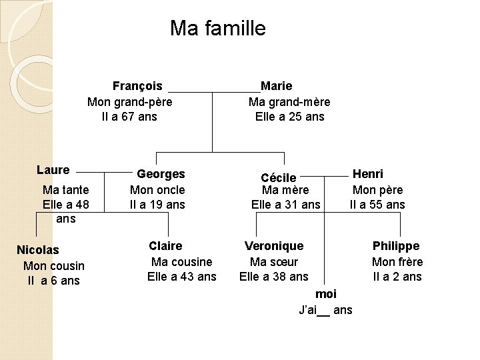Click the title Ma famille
click(217, 29)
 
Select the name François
click(137, 86)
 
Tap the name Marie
click(276, 86)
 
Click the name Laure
click(53, 170)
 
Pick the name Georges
click(161, 174)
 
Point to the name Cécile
click(279, 177)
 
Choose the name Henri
click(368, 174)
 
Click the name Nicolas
click(37, 250)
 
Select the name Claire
click(165, 246)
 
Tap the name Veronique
click(274, 246)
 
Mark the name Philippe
click(396, 246)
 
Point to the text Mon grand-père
click(130, 102)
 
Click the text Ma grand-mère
click(289, 102)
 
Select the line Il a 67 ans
click(129, 117)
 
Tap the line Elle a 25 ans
click(289, 117)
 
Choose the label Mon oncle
click(157, 190)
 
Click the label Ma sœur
click(274, 262)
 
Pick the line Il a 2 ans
click(397, 277)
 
